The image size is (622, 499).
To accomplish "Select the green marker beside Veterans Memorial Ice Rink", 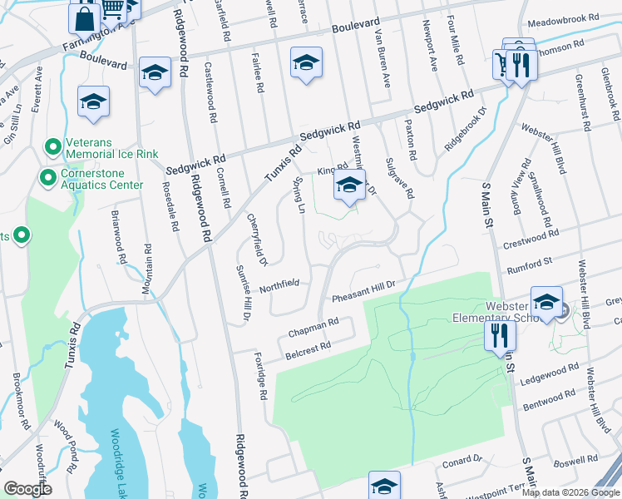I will (53, 148).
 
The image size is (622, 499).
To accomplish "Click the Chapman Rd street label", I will (313, 327).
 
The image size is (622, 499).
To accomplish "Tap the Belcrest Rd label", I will (309, 345).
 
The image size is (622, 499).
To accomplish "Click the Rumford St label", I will (529, 264).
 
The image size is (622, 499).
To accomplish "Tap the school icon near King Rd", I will (349, 187).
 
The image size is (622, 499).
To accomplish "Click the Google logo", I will (27, 489).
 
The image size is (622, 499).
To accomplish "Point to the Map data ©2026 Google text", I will (570, 492).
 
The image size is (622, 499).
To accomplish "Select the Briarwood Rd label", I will (117, 236).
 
